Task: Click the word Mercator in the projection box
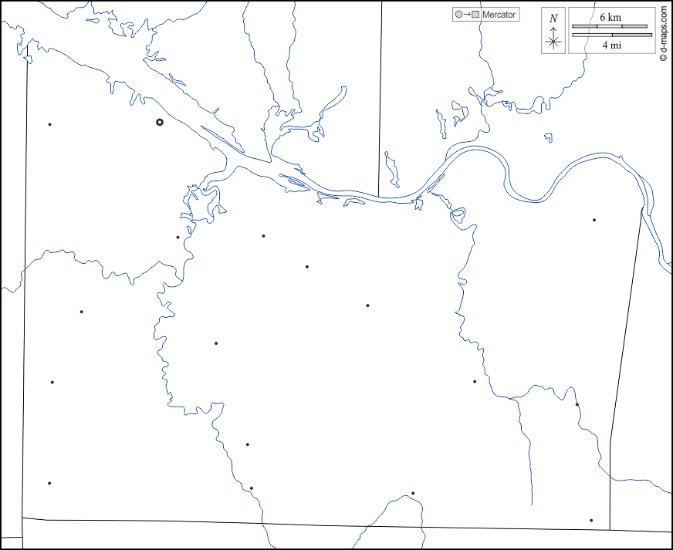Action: pyautogui.click(x=499, y=15)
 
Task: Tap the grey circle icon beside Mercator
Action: pyautogui.click(x=459, y=15)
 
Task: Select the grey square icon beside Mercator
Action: pyautogui.click(x=475, y=15)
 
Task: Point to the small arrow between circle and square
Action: pyautogui.click(x=467, y=15)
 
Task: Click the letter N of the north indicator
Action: pyautogui.click(x=553, y=18)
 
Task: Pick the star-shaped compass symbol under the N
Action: pyautogui.click(x=553, y=42)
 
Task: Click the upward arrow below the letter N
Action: pyautogui.click(x=553, y=30)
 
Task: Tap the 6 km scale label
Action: pyautogui.click(x=610, y=17)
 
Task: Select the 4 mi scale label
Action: pyautogui.click(x=611, y=46)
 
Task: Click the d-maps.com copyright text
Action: pyautogui.click(x=663, y=35)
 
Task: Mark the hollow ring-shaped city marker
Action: pyautogui.click(x=160, y=122)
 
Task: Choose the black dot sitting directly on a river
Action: pyautogui.click(x=577, y=404)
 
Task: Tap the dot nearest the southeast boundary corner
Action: pyautogui.click(x=591, y=520)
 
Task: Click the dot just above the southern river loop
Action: pyautogui.click(x=413, y=493)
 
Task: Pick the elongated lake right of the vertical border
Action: pyautogui.click(x=392, y=170)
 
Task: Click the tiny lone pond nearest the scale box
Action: pyautogui.click(x=549, y=138)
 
